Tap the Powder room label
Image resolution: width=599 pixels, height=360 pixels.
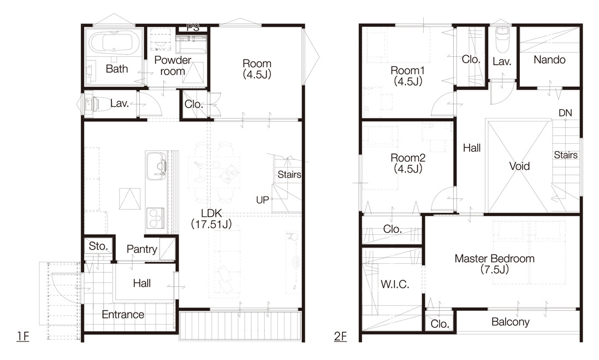click(173, 66)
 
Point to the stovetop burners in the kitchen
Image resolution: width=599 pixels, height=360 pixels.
click(156, 218)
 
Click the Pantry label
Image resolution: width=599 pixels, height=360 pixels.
click(142, 249)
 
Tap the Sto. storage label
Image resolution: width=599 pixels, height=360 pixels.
click(98, 246)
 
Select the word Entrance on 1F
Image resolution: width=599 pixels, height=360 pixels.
click(123, 315)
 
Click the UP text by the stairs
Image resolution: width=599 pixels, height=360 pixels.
click(263, 200)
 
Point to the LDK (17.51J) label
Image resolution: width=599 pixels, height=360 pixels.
click(211, 219)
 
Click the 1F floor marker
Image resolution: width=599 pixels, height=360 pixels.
click(22, 336)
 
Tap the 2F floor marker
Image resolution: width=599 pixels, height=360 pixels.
click(340, 337)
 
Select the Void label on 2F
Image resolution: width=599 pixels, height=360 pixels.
click(519, 166)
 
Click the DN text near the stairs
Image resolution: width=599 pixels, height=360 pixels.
click(565, 113)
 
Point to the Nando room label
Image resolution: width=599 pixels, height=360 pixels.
click(549, 60)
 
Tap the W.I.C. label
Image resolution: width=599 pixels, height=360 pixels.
click(395, 284)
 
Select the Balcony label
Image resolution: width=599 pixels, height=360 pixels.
click(511, 322)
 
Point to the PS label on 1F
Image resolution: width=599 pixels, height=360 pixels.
click(193, 27)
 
